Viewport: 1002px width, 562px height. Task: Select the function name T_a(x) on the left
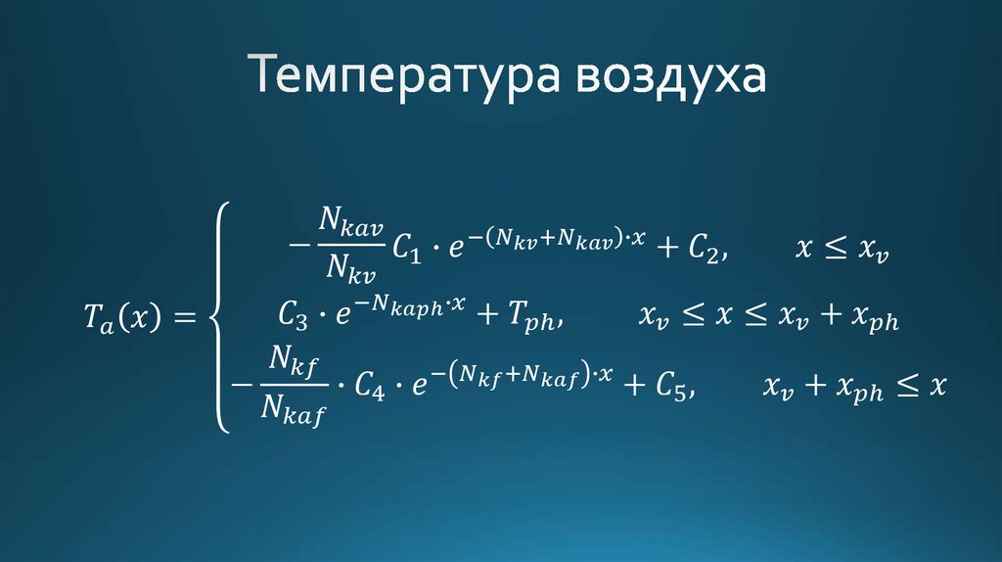point(114,318)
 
